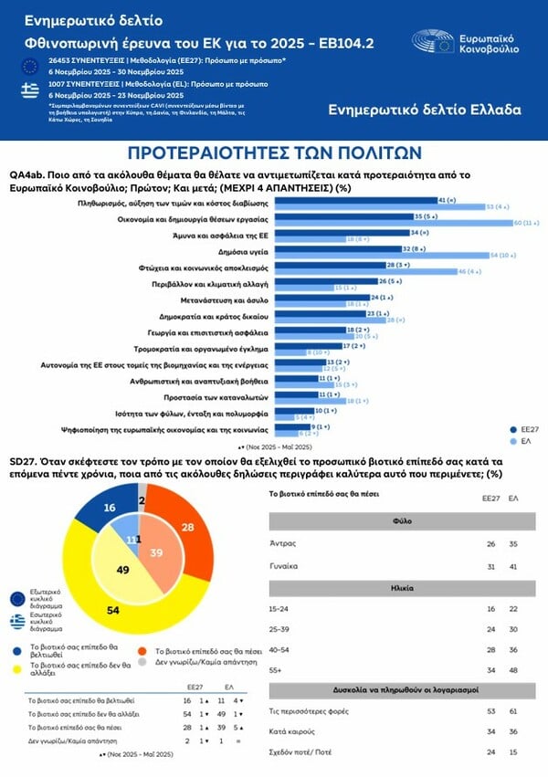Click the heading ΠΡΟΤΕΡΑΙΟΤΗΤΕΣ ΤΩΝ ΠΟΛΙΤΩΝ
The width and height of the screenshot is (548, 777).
coord(273,152)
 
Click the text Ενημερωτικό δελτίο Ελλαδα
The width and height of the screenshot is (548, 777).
coord(425,110)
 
